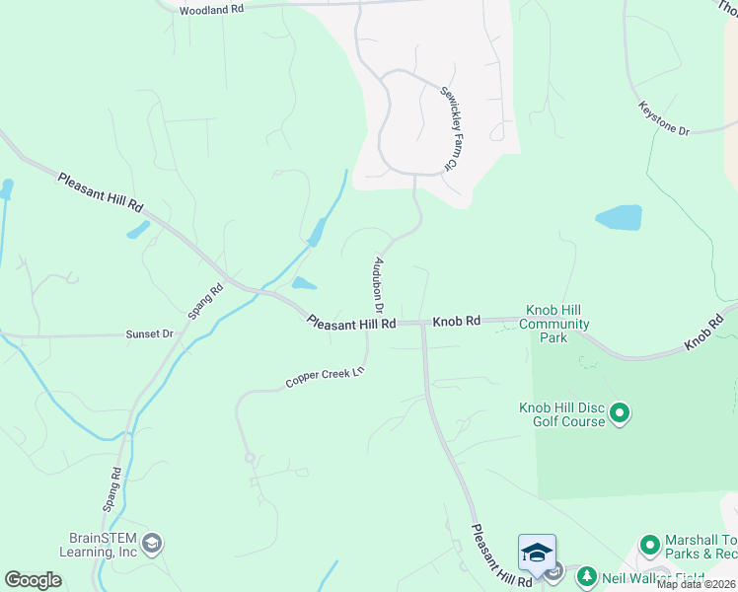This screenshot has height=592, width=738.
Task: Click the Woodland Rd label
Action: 212,9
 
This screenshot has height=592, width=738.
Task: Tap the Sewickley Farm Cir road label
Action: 448,129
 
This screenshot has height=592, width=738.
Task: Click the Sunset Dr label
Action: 149,334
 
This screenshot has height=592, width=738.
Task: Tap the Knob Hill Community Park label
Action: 554,324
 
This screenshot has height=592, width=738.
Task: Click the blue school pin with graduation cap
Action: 537,553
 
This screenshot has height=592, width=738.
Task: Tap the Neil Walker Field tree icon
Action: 586,575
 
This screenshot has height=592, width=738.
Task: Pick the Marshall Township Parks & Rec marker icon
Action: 649,545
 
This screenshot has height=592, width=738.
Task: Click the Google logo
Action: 34,580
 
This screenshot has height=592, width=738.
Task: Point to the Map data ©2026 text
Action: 696,584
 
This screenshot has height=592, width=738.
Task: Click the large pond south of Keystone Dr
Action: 619,218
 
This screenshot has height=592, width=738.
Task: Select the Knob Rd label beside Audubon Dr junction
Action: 456,322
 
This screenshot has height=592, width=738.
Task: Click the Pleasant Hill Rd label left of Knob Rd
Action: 351,323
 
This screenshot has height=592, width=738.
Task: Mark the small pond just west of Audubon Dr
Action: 304,283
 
